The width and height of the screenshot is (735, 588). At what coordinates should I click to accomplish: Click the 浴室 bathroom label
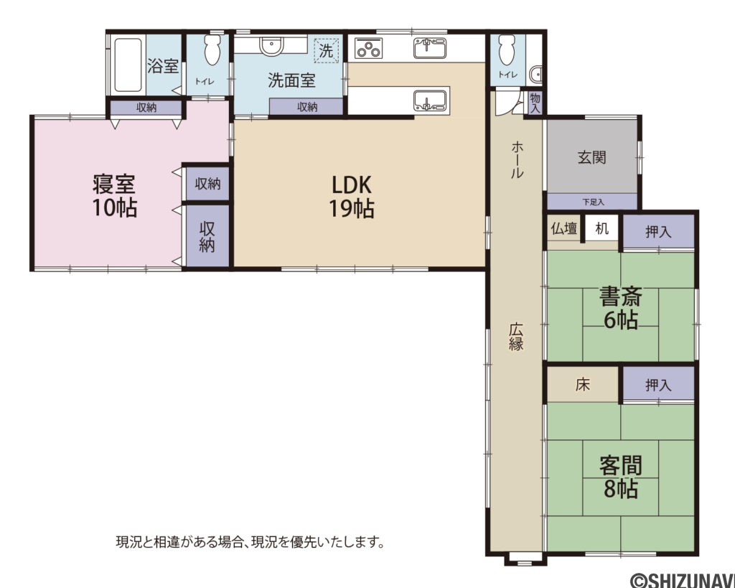pyautogui.click(x=163, y=67)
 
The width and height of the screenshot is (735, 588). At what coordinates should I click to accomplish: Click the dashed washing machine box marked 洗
pyautogui.click(x=327, y=52)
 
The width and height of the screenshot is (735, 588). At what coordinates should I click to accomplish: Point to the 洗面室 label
pyautogui.click(x=291, y=80)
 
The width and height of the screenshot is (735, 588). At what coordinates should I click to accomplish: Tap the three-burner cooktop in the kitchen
pyautogui.click(x=368, y=50)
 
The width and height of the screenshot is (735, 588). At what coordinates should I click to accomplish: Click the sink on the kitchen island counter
pyautogui.click(x=431, y=100)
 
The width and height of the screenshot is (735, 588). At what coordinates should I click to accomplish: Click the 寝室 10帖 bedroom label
pyautogui.click(x=114, y=196)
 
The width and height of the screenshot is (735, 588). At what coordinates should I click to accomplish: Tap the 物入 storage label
pyautogui.click(x=535, y=103)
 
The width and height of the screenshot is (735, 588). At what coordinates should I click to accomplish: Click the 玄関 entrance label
pyautogui.click(x=592, y=157)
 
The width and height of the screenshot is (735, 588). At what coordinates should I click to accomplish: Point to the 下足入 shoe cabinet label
pyautogui.click(x=593, y=202)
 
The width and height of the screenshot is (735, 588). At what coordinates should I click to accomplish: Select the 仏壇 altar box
pyautogui.click(x=563, y=229)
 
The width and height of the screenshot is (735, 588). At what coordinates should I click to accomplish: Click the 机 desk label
pyautogui.click(x=602, y=229)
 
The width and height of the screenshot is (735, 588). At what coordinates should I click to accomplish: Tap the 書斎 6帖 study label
pyautogui.click(x=620, y=307)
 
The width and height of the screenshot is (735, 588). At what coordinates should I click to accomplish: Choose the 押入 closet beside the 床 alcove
pyautogui.click(x=658, y=385)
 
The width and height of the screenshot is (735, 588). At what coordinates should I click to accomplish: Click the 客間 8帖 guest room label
pyautogui.click(x=620, y=477)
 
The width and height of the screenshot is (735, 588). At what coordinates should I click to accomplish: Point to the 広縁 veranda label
pyautogui.click(x=515, y=335)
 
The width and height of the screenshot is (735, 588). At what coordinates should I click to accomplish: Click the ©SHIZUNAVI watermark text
pyautogui.click(x=681, y=579)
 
